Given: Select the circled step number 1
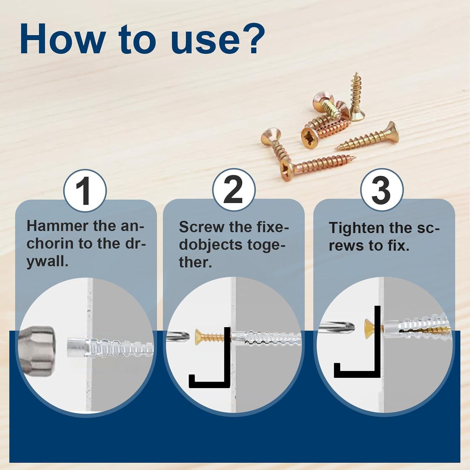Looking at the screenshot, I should (85, 191).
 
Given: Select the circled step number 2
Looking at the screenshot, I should (233, 190).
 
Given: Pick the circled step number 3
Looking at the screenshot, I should (381, 190).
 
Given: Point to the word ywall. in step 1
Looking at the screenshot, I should (47, 262).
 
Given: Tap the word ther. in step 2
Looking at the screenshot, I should (195, 262).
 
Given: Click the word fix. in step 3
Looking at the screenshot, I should (398, 246).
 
